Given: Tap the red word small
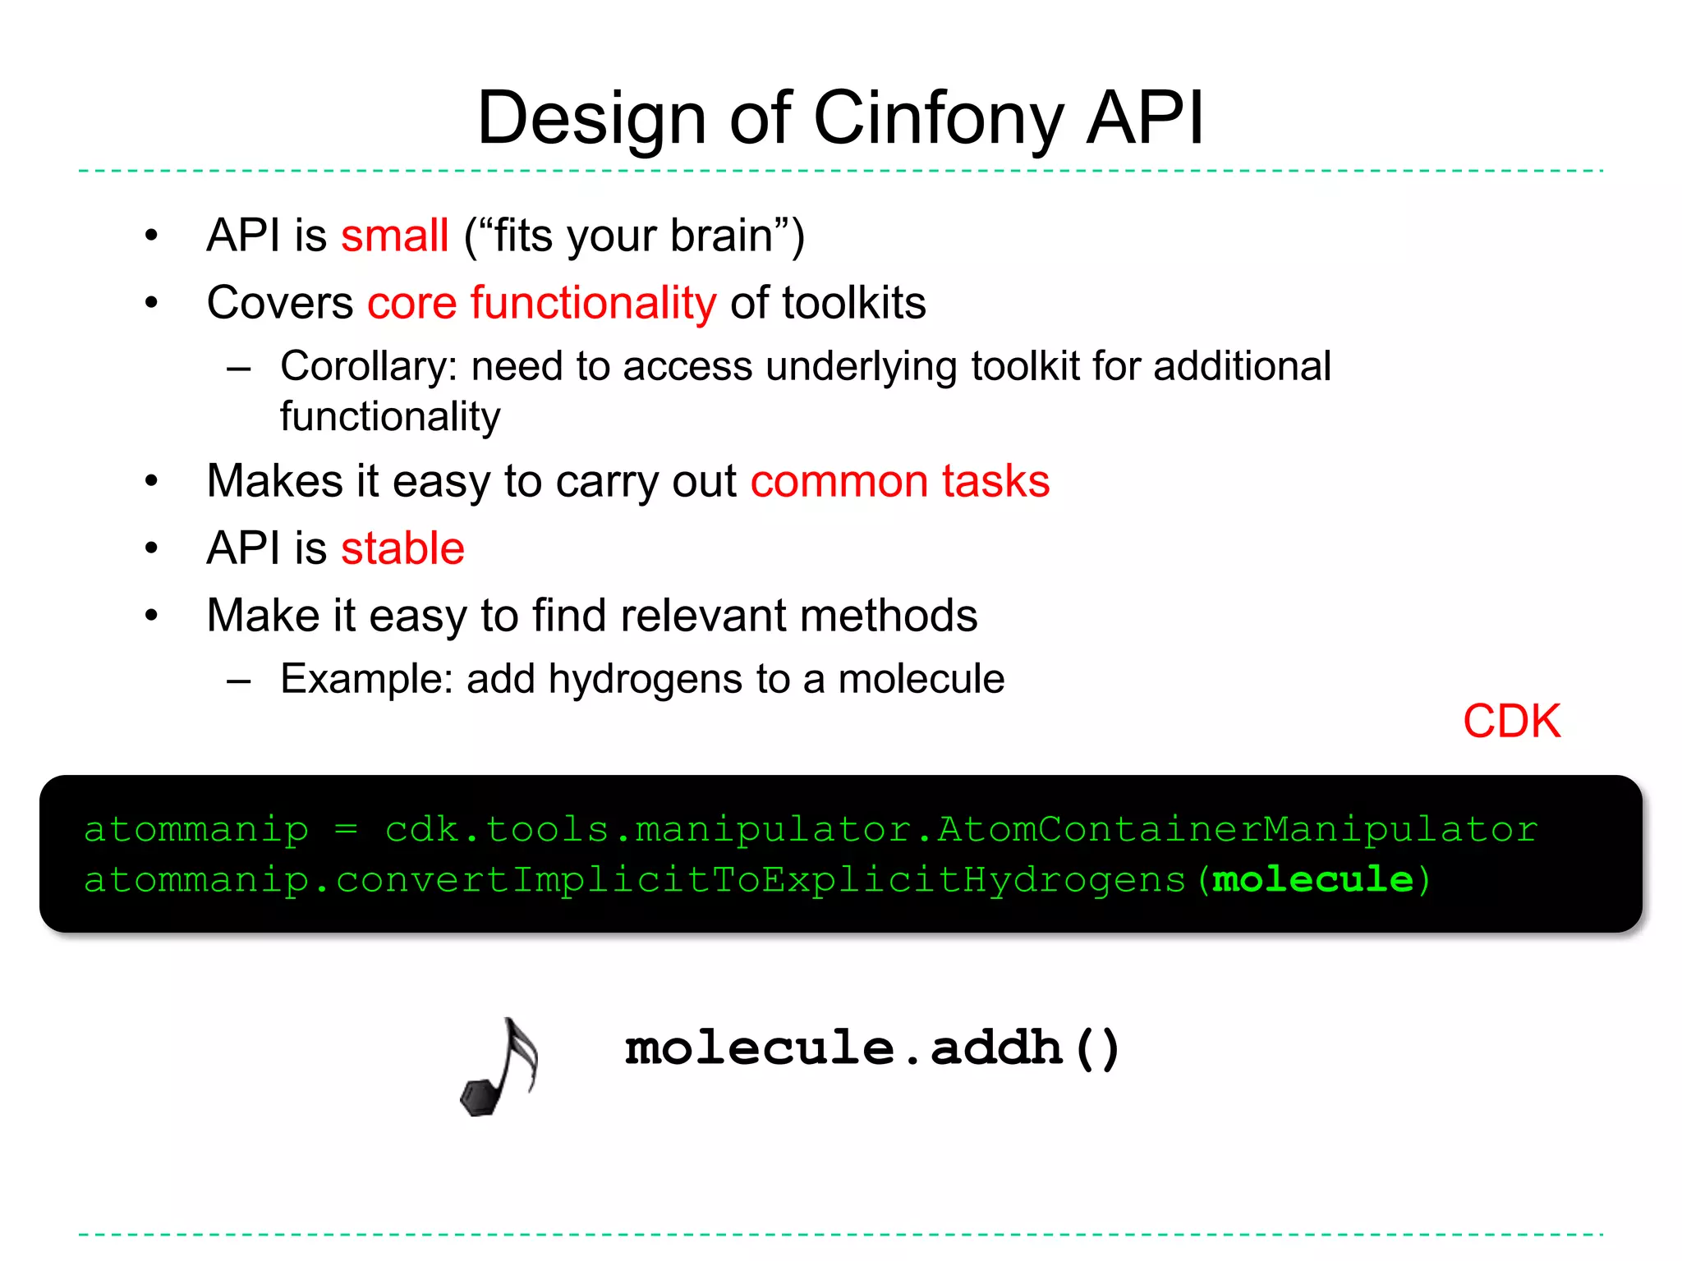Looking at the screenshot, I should pos(394,236).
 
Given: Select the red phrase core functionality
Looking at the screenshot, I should pos(541,303).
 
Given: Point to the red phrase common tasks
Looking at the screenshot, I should pos(899,481).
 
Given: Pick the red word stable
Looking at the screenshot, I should pos(402,548).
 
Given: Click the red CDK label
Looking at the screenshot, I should pos(1511,722).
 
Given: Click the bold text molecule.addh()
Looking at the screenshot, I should pos(872,1048).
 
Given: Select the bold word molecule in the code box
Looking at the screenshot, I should pos(1312,880).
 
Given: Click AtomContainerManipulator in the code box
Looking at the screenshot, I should pos(1238,829).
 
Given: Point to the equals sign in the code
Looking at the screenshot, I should pos(347,829).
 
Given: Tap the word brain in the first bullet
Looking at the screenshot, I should pos(721,236).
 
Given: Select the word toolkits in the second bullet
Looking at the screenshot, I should pos(854,303).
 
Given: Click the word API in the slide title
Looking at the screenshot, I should pos(1145,119).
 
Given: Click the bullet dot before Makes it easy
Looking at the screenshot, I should pos(151,481).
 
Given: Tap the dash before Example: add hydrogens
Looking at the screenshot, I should pos(239,681).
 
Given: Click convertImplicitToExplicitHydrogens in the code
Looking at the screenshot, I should pos(761,880).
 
